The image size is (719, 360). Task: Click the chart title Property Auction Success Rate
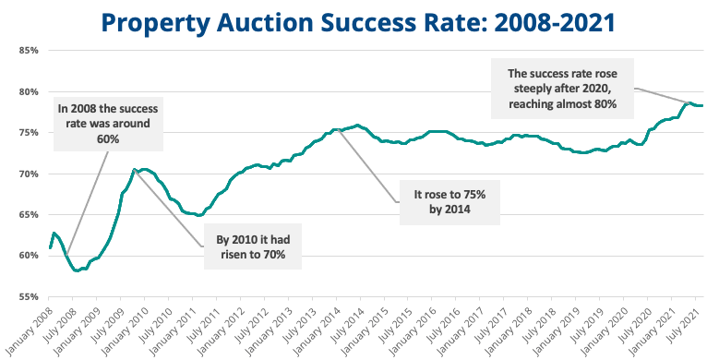(359, 20)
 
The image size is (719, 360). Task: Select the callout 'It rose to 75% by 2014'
(448, 203)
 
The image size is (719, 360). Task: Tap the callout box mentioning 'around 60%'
(89, 123)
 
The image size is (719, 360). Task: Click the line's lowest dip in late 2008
(77, 270)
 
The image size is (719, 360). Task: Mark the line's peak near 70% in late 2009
(135, 170)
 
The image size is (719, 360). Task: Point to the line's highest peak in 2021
(688, 102)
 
